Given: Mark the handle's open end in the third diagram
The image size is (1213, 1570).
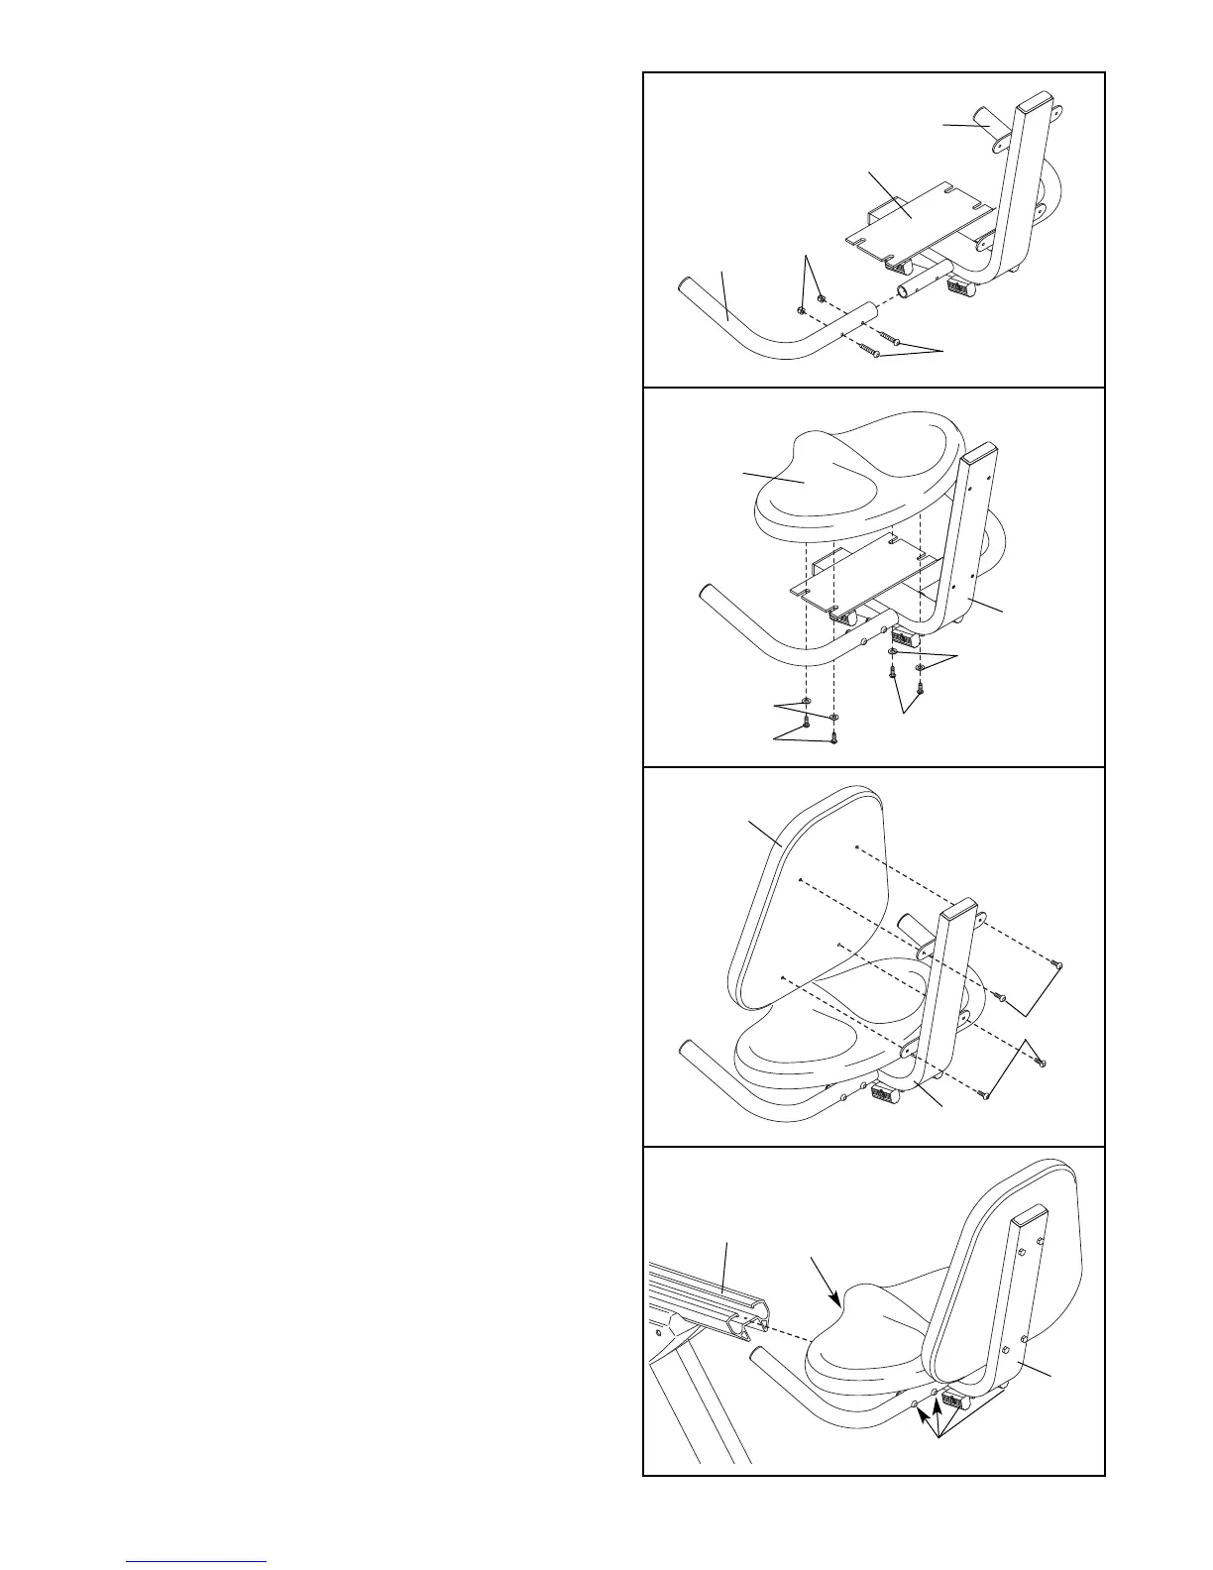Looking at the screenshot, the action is click(x=686, y=1050).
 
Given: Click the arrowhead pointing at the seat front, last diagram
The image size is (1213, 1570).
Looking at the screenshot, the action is click(x=837, y=1299).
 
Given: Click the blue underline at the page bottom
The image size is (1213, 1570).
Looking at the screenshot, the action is click(x=196, y=1562).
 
